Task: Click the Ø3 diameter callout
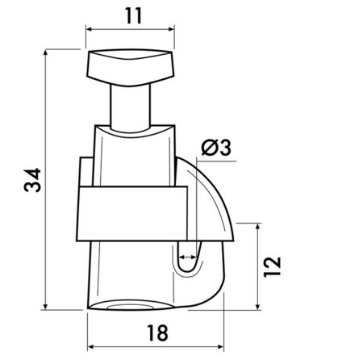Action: point(215,147)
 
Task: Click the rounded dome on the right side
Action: point(214,202)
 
